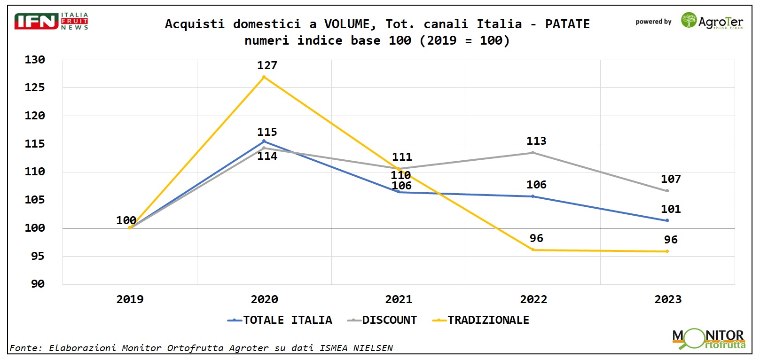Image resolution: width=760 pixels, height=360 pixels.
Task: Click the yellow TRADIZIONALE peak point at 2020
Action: click(264, 77)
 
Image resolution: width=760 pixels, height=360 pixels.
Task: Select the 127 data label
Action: click(267, 65)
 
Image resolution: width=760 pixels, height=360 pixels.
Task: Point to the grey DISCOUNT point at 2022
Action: click(533, 153)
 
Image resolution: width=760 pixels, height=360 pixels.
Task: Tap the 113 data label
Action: click(536, 141)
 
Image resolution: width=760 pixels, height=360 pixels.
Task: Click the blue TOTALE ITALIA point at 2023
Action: click(667, 220)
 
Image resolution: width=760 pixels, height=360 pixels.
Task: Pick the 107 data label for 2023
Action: click(671, 179)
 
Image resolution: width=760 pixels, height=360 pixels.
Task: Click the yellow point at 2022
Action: click(533, 250)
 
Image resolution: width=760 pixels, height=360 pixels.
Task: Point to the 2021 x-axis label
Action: click(399, 299)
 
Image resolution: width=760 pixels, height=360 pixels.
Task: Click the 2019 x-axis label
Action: click(130, 299)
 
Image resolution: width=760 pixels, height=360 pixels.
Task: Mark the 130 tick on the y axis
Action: click(35, 60)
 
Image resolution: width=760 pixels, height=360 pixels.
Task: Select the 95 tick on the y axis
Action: click(38, 256)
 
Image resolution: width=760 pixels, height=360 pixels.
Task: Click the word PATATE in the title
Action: click(567, 24)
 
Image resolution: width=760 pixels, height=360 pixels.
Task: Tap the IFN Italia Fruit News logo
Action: click(51, 22)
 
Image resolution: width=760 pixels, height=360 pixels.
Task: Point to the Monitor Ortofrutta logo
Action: click(708, 339)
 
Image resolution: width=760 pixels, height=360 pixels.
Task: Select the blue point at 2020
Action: click(264, 141)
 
